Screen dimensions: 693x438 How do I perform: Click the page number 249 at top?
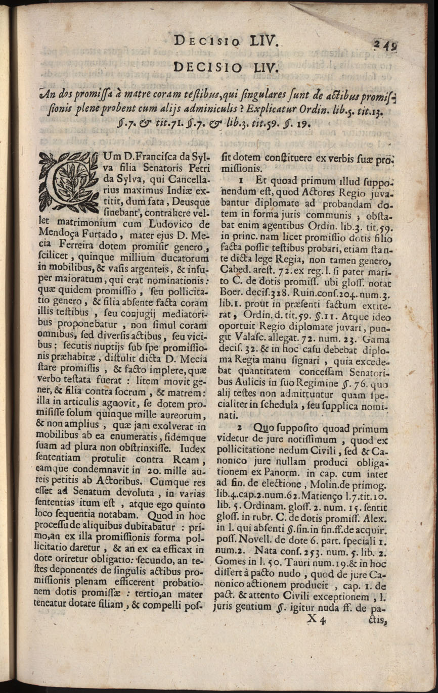pos(385,44)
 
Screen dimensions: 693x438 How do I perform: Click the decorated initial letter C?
pos(66,180)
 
